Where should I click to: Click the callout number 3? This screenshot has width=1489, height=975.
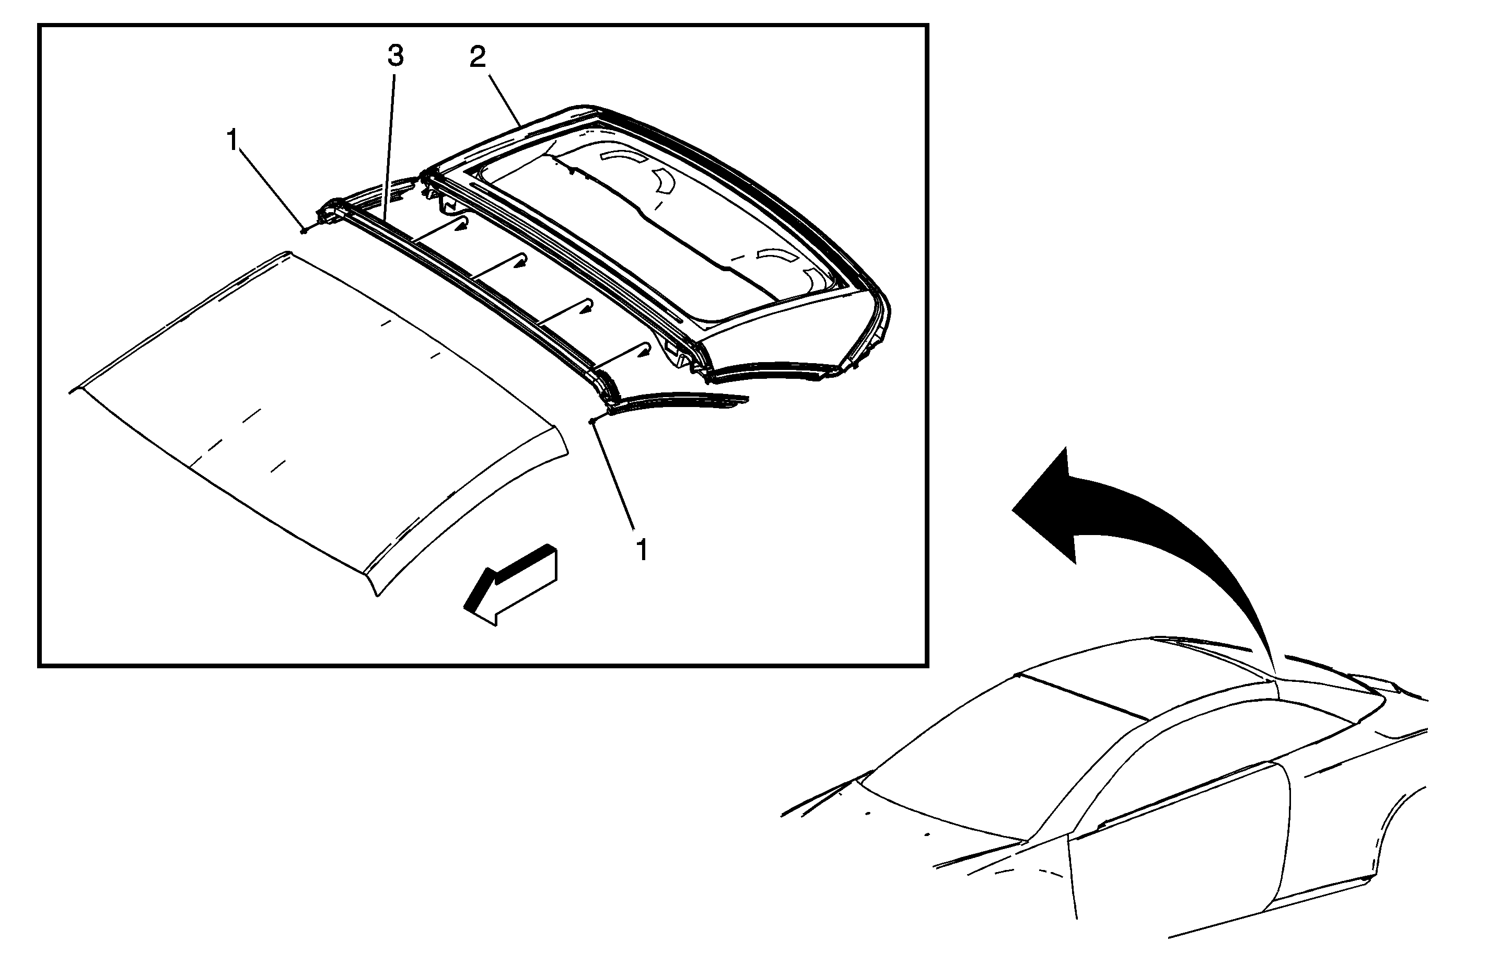click(395, 56)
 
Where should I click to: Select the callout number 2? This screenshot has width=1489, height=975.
click(478, 57)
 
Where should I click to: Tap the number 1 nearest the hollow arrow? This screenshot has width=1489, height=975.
click(641, 550)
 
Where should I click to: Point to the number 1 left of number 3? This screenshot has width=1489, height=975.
click(232, 140)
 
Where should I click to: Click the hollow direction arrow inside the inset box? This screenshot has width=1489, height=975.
click(510, 584)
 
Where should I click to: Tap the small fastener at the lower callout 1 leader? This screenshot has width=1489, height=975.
click(592, 421)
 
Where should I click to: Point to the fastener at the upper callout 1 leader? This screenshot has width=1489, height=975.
click(304, 230)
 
